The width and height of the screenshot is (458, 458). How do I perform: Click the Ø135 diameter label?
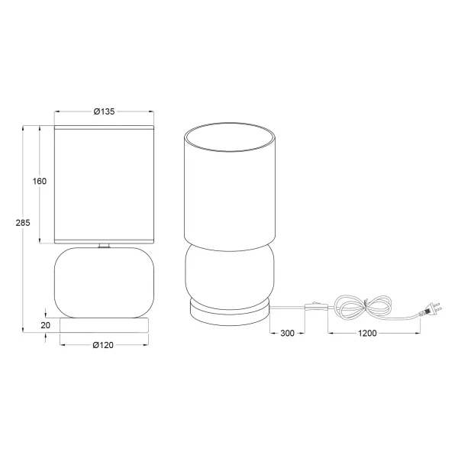click(104, 111)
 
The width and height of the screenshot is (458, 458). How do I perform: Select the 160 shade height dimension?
click(40, 182)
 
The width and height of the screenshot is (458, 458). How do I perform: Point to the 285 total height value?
click(23, 223)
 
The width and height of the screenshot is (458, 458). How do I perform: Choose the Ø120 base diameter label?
click(104, 345)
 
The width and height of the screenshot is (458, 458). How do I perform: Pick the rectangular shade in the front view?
click(104, 183)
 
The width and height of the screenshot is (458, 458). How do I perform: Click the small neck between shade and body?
click(104, 246)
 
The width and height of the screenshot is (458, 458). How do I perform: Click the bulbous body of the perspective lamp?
click(229, 275)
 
